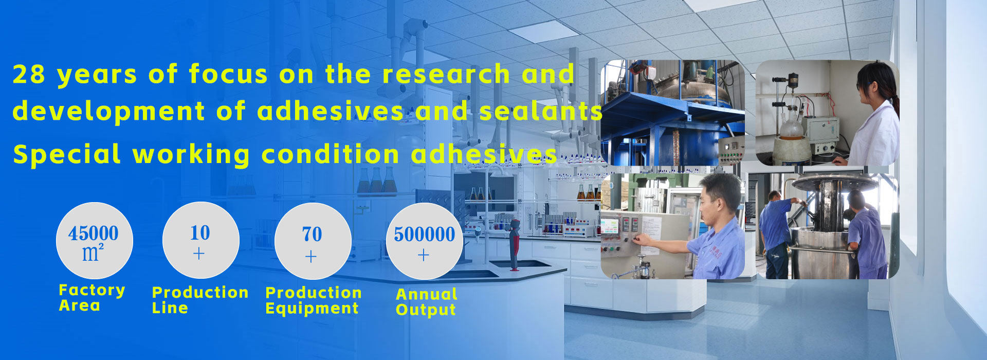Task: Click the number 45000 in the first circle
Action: pyautogui.click(x=94, y=233)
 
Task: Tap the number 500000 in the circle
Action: pyautogui.click(x=425, y=235)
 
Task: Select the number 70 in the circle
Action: pyautogui.click(x=312, y=235)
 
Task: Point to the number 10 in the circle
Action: pyautogui.click(x=200, y=233)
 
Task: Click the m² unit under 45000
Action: pyautogui.click(x=93, y=253)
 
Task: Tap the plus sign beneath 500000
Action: pyautogui.click(x=424, y=255)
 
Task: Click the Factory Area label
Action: pyautogui.click(x=92, y=298)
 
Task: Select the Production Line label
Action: pyautogui.click(x=200, y=300)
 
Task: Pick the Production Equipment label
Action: pyautogui.click(x=314, y=300)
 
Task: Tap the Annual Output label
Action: pyautogui.click(x=427, y=302)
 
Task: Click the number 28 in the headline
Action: pyautogui.click(x=29, y=75)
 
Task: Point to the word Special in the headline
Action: pyautogui.click(x=67, y=155)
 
